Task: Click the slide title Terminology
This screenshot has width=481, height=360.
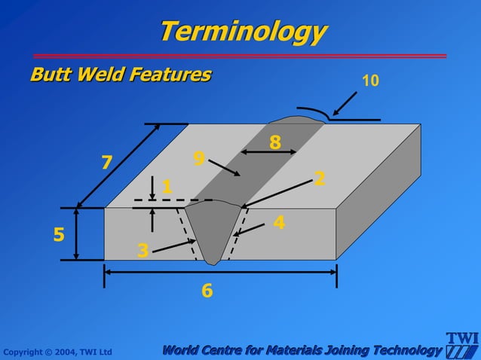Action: pos(243,32)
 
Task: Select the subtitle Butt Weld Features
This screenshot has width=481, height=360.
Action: pos(121,75)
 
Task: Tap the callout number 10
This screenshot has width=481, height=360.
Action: pos(370,80)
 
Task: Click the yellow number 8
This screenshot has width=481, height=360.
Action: pos(275,142)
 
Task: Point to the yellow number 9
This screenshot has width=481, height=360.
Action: pos(199,158)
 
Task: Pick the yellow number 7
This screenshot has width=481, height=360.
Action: pos(106,162)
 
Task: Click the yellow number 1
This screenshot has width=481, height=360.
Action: pos(167,186)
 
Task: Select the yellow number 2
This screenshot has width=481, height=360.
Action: pos(320,178)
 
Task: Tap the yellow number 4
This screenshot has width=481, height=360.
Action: pos(279,222)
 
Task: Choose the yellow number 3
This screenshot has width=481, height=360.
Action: pos(143,250)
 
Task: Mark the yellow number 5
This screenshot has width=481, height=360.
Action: pos(59,235)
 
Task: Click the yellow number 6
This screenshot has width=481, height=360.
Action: pos(207,290)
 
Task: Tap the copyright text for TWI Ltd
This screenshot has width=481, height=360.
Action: pos(57,352)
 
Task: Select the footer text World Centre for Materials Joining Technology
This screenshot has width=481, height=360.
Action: pos(302,350)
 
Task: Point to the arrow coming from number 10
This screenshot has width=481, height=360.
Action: pos(346,103)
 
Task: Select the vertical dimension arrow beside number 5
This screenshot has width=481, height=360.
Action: pos(78,234)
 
